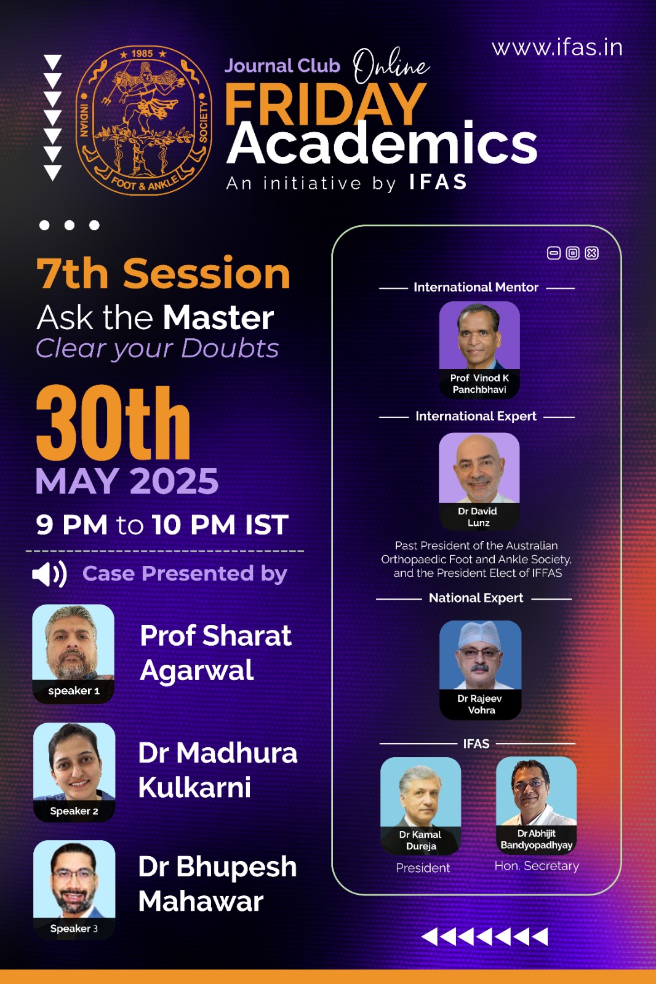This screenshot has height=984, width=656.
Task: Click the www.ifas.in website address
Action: click(557, 48)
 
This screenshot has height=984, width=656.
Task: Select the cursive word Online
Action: click(391, 66)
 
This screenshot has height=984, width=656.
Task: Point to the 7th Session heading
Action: click(163, 273)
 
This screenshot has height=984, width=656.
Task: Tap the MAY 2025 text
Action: click(127, 481)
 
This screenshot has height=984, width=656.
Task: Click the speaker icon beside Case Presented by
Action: click(49, 574)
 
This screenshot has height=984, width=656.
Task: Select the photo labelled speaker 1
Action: click(73, 653)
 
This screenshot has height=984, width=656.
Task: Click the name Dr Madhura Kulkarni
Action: click(218, 769)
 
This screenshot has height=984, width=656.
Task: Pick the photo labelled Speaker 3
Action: click(74, 889)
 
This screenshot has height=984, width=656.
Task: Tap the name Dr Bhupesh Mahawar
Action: click(217, 884)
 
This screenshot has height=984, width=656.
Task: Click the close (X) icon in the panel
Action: click(592, 253)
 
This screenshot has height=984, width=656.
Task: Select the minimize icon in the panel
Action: click(554, 253)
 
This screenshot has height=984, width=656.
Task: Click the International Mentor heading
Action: click(476, 287)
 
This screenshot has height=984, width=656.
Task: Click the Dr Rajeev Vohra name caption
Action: click(480, 704)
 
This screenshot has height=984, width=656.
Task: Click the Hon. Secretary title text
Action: click(537, 865)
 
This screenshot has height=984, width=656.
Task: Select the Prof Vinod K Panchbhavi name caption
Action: click(479, 384)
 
